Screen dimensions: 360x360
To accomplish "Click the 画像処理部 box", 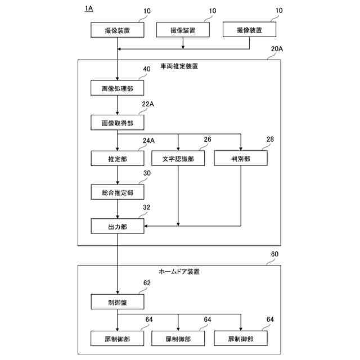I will [117, 88].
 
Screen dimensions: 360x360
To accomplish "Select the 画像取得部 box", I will [117, 122].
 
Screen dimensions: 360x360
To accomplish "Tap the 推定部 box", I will [117, 159].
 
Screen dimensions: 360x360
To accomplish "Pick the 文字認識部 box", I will [178, 159].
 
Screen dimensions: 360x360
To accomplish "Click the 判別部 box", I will [240, 159].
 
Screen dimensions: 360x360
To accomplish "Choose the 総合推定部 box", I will [117, 192].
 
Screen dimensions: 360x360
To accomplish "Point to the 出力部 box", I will [117, 226].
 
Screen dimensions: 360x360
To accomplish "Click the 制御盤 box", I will [117, 302].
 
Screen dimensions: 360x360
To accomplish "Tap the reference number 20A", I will [277, 49].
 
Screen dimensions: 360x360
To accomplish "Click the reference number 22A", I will [148, 104].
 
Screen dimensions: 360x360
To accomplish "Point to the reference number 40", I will [147, 69].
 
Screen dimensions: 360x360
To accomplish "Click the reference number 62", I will [147, 283].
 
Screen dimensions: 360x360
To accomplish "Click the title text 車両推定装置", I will [179, 66].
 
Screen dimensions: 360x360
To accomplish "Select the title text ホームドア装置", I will [179, 271].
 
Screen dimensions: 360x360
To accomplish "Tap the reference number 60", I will [274, 254].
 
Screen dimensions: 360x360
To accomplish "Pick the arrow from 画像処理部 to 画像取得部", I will [117, 105].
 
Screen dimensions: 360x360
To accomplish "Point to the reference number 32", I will [147, 208].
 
